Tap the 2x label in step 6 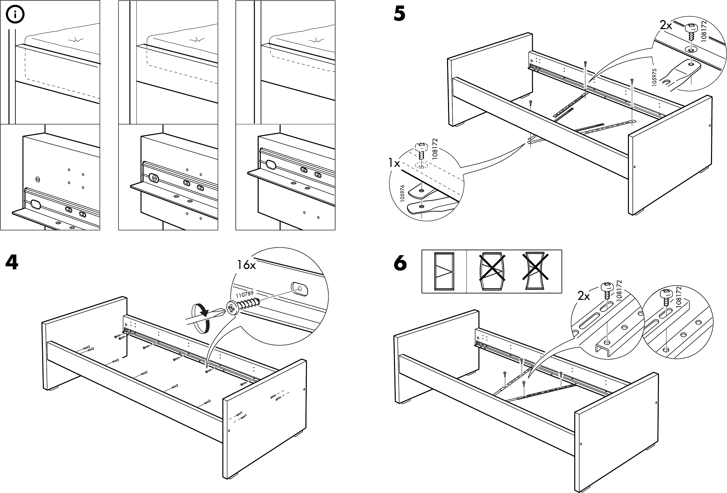coord(584,296)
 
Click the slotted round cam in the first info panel coord(38,180)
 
